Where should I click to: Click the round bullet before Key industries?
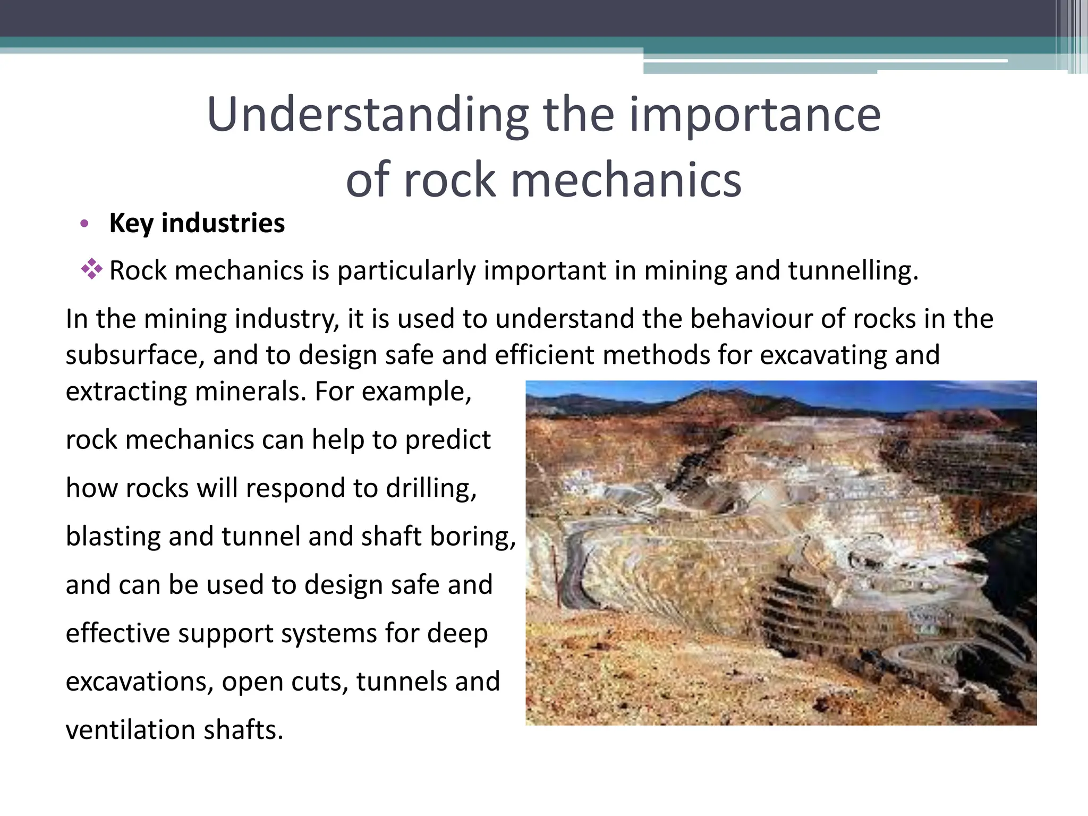pyautogui.click(x=84, y=224)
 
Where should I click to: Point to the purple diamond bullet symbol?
pyautogui.click(x=91, y=269)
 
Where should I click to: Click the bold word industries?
pyautogui.click(x=223, y=223)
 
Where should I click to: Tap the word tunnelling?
pyautogui.click(x=853, y=271)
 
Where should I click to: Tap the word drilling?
pyautogui.click(x=431, y=489)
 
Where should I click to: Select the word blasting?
pyautogui.click(x=113, y=537)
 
